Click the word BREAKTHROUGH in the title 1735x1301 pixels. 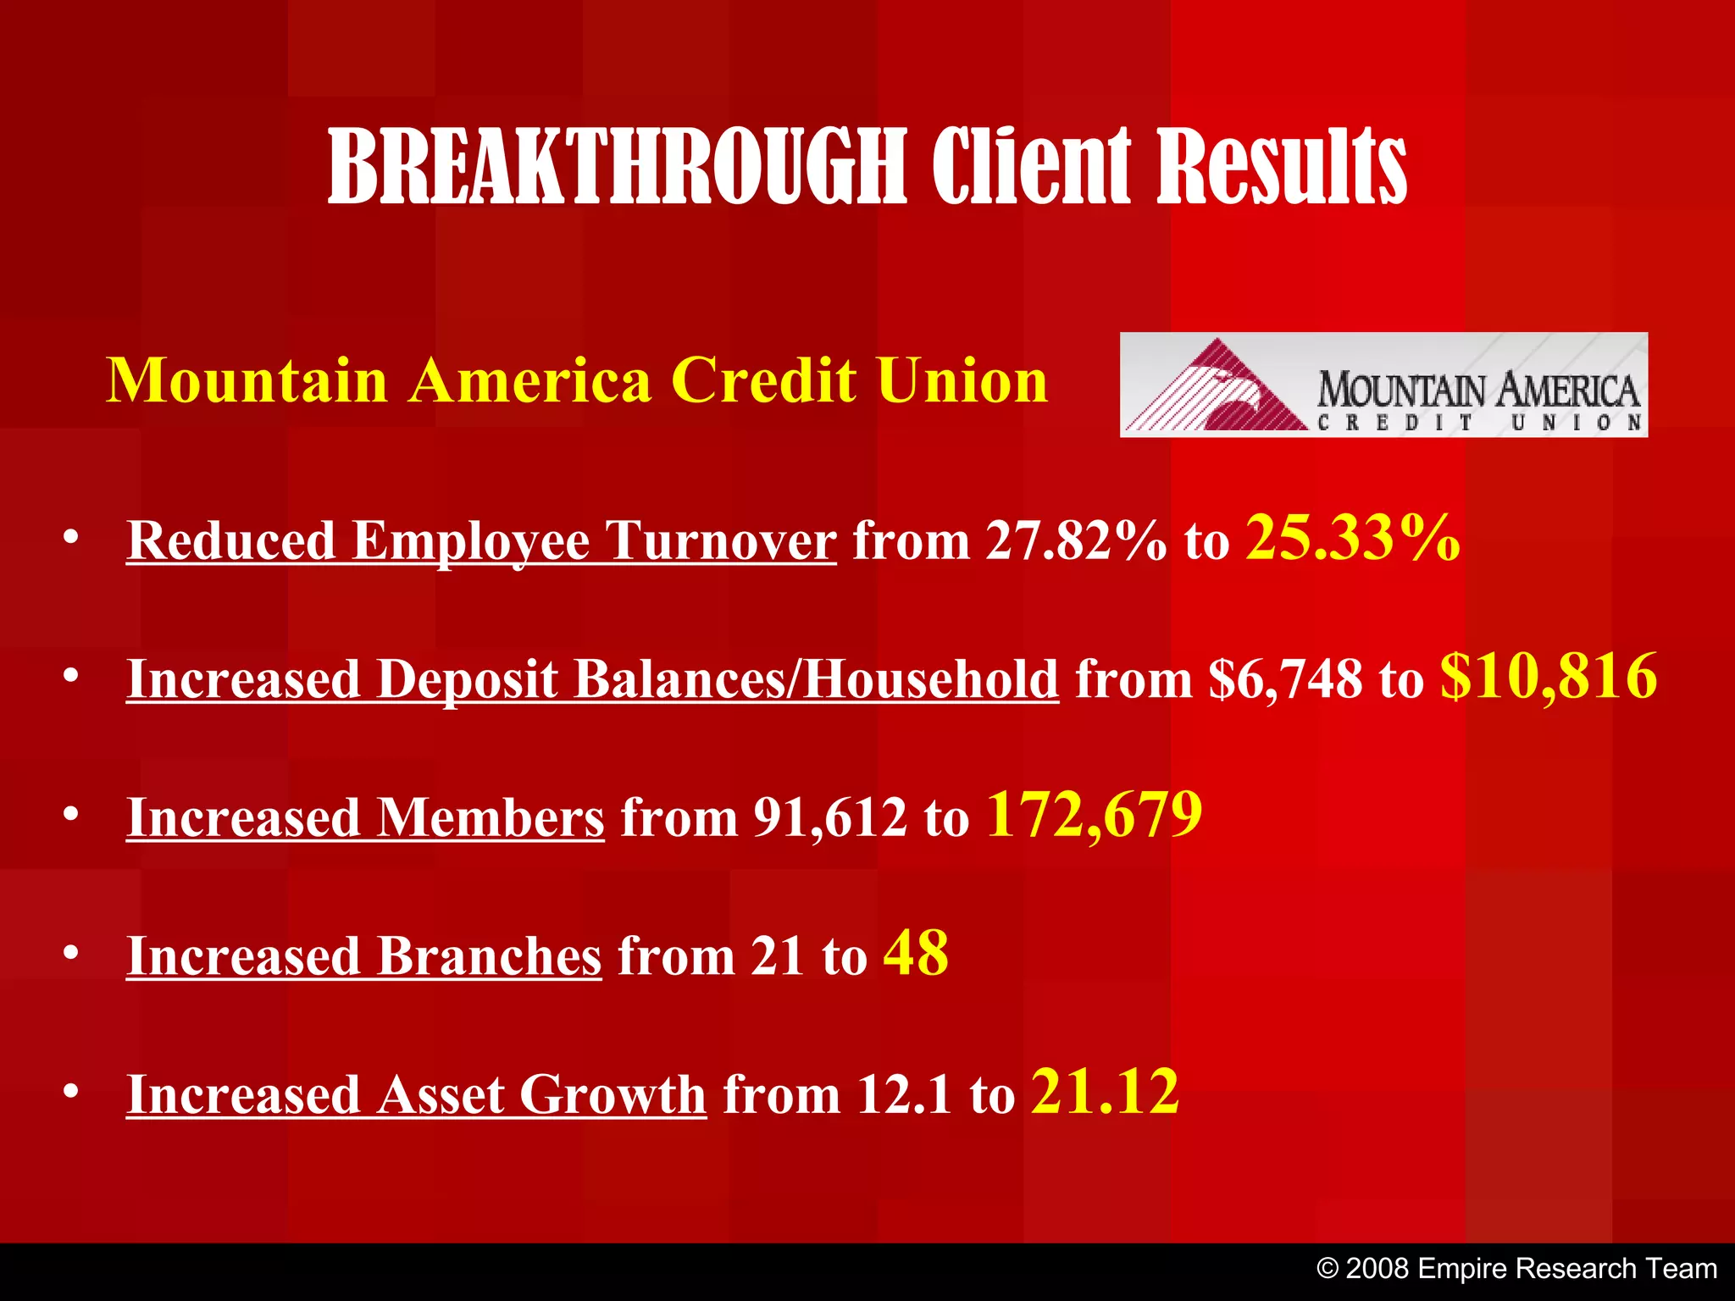617,167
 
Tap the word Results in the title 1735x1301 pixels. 1281,167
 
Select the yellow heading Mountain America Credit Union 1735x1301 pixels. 577,380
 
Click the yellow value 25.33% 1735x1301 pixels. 1352,539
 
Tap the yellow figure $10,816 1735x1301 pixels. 1548,677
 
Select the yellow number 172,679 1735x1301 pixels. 1094,815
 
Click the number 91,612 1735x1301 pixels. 829,818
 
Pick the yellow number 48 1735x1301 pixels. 915,954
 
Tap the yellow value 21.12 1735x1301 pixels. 1105,1092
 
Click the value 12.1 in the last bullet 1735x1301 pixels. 904,1094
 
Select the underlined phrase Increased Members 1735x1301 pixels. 365,818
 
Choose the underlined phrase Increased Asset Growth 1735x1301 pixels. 416,1094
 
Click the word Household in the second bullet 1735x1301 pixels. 931,679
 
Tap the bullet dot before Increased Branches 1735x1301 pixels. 71,954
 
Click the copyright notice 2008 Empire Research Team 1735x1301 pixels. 1516,1269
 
